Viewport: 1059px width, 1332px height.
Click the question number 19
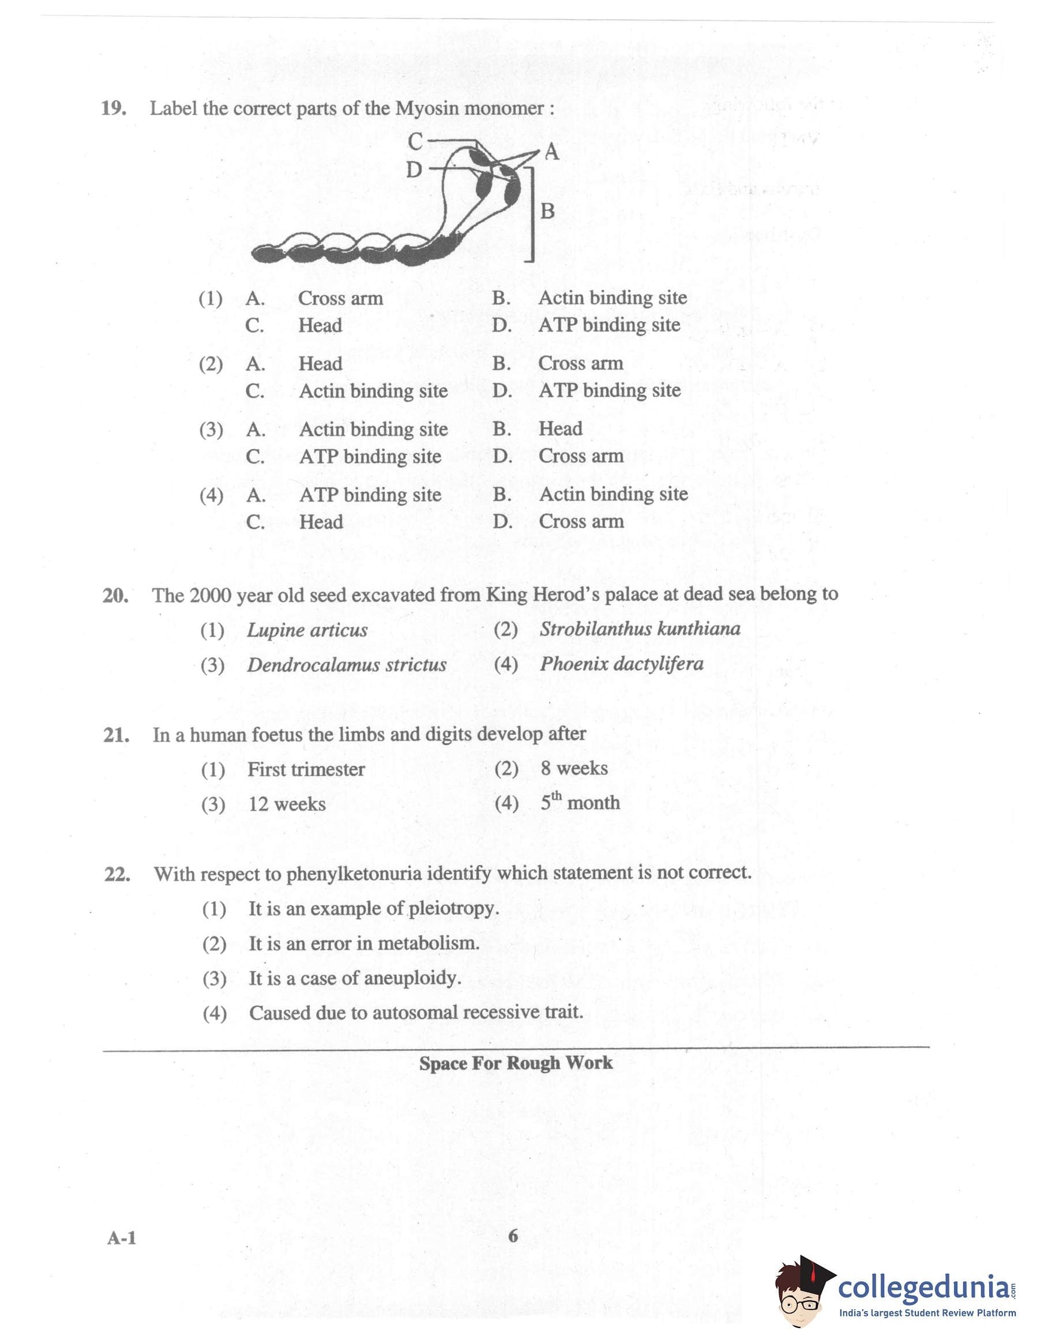114,108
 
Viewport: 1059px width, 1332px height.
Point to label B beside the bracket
547,211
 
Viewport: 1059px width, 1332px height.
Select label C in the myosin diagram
415,142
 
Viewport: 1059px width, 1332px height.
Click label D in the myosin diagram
414,170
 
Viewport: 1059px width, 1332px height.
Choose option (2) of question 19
211,364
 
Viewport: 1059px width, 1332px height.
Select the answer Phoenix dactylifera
621,664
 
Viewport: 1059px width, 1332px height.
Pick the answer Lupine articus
307,630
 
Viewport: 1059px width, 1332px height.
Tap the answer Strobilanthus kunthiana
640,629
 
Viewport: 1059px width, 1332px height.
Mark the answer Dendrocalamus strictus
347,665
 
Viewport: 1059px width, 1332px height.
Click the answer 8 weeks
574,768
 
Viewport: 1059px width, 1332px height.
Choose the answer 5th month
580,802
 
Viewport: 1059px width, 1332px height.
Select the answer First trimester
306,769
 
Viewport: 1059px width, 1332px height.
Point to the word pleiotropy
453,908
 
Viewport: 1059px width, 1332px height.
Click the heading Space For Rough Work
516,1063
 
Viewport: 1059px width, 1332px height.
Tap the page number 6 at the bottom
513,1236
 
